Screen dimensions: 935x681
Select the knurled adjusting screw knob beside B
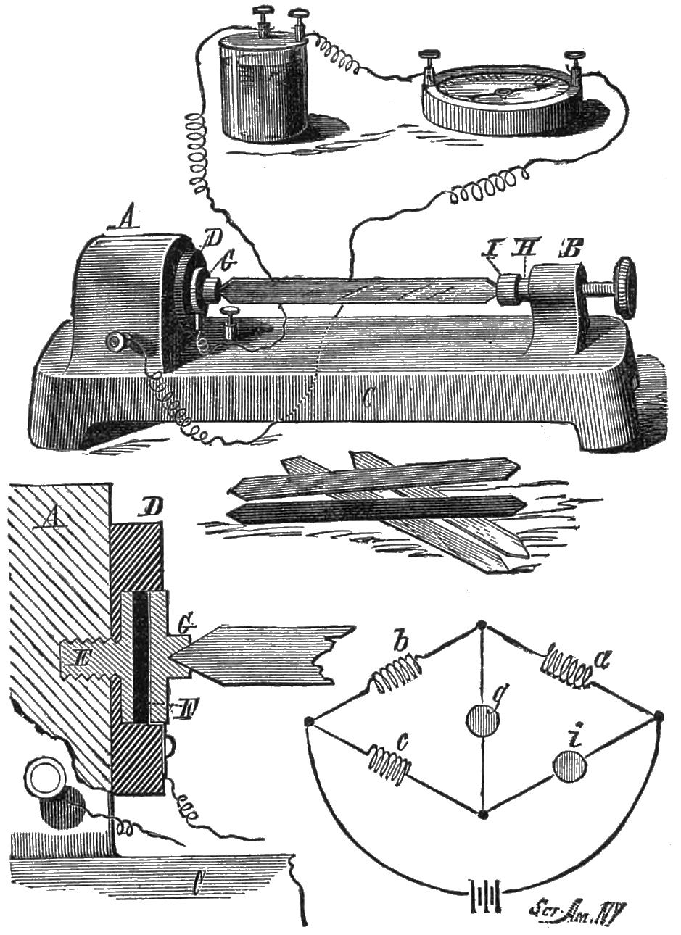pos(623,286)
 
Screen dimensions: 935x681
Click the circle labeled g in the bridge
pos(482,720)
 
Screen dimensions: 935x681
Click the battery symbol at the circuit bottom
pos(484,897)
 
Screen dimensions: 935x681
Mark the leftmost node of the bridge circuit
pos(309,722)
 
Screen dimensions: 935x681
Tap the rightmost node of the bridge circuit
pos(659,717)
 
